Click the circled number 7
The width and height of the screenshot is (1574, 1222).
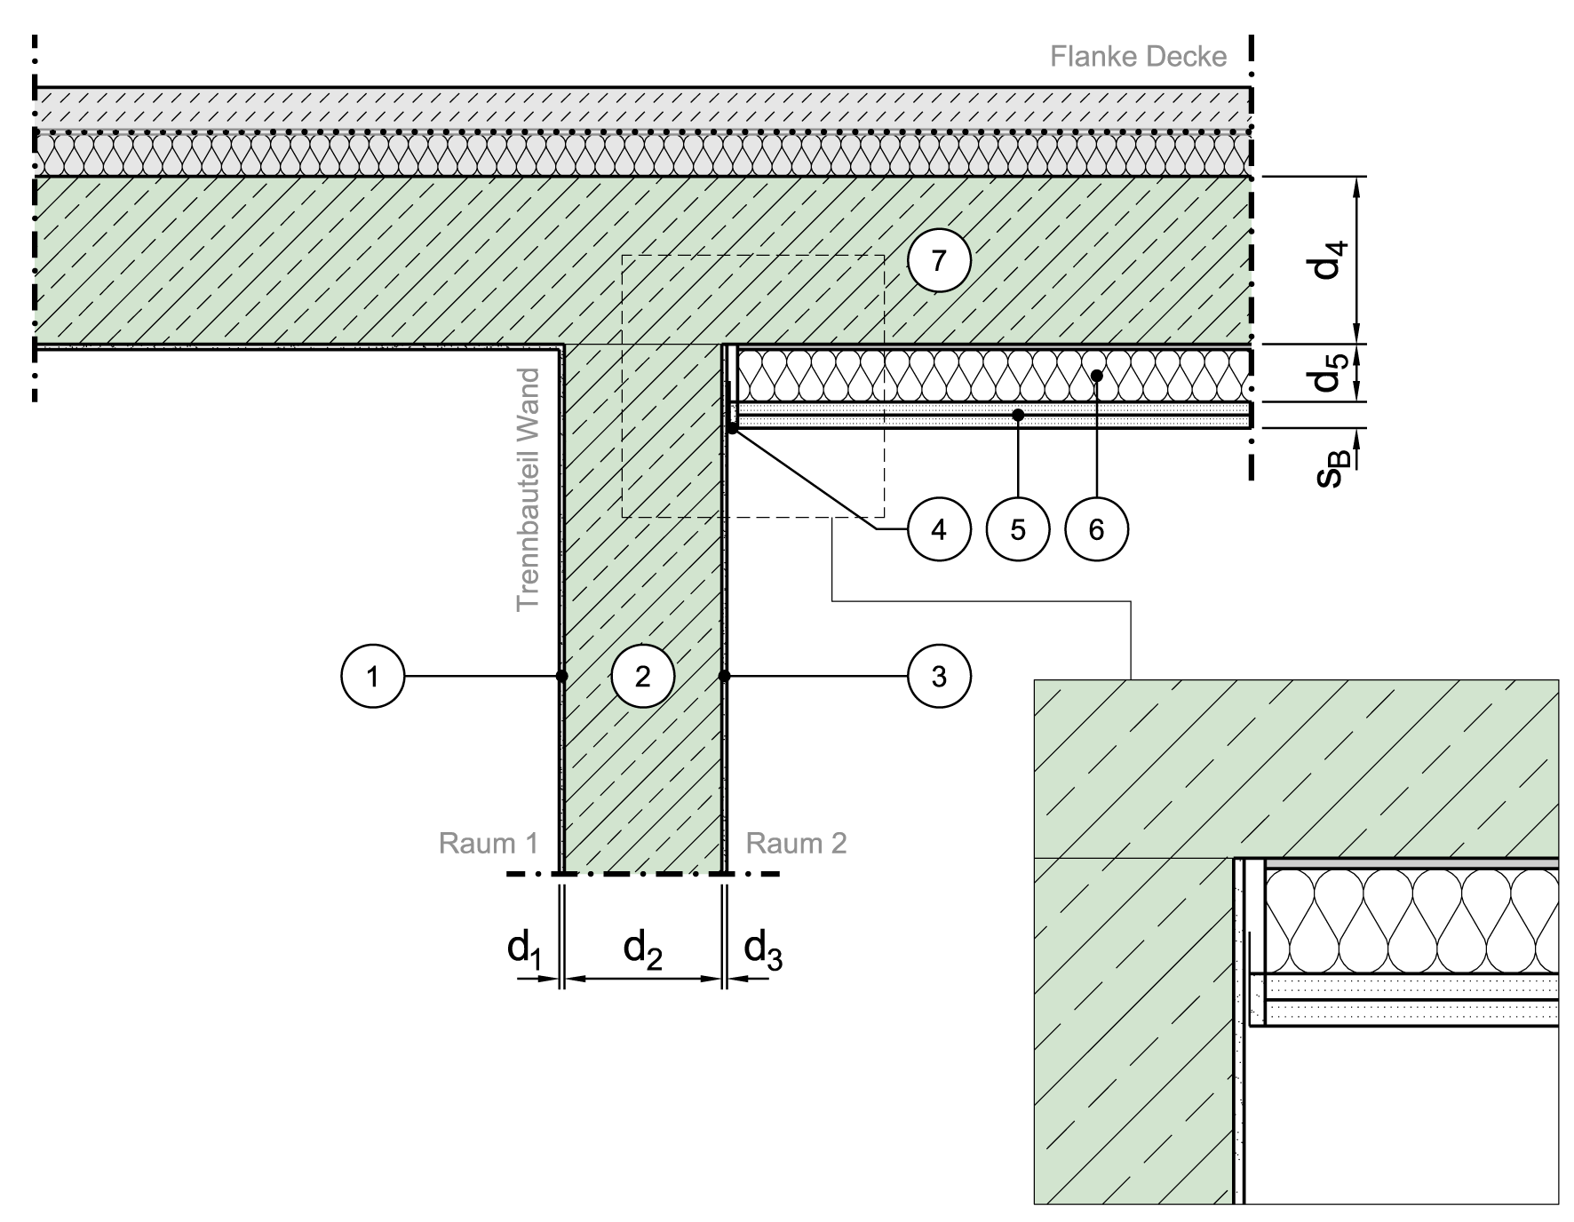[x=939, y=261]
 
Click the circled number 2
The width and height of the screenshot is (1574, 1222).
[x=642, y=677]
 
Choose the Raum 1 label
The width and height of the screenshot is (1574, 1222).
[x=489, y=843]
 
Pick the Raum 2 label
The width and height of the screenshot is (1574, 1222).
[x=796, y=843]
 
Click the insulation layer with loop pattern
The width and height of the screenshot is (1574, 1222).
[x=640, y=155]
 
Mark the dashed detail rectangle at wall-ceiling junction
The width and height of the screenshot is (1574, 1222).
[x=751, y=256]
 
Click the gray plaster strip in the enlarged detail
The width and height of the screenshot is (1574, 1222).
[x=1411, y=862]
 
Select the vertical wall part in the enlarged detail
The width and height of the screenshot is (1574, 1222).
[x=1133, y=1030]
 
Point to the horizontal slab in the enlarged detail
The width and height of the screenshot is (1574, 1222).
[x=1297, y=768]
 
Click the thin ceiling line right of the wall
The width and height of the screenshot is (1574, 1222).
[x=995, y=347]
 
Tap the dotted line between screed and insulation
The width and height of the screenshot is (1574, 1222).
[x=640, y=132]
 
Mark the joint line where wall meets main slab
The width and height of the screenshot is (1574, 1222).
[x=642, y=343]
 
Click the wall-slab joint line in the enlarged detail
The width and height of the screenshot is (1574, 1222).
[x=1133, y=858]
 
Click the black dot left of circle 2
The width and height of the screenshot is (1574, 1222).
[x=564, y=677]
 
